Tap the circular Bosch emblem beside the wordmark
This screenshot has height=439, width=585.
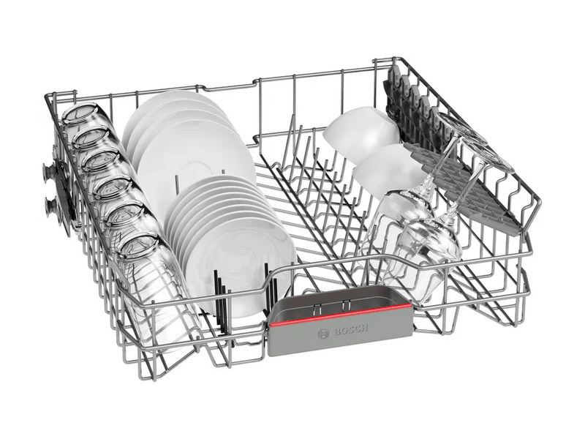coord(323,334)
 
